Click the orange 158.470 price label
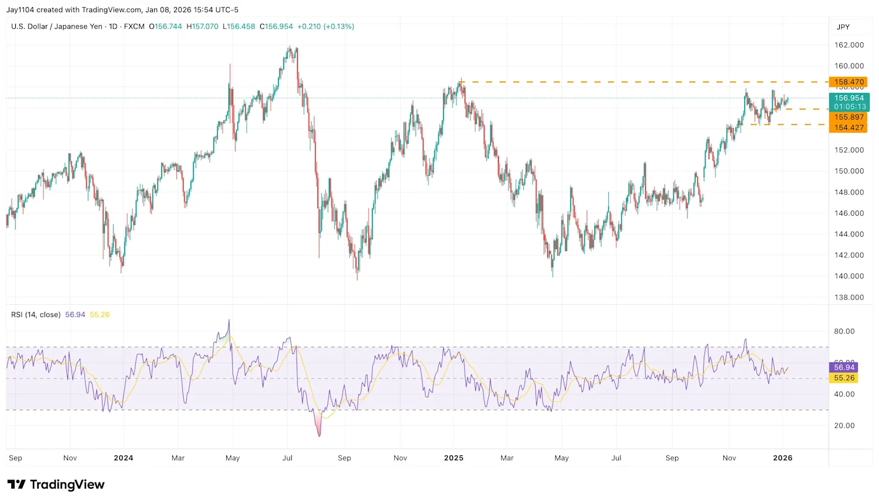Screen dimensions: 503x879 click(x=849, y=82)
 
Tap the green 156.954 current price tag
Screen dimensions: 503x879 click(x=849, y=98)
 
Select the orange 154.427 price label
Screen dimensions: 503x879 click(x=849, y=127)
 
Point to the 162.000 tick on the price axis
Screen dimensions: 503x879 click(x=849, y=45)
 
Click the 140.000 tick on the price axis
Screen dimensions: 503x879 click(x=849, y=276)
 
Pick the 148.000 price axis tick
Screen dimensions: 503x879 click(x=849, y=192)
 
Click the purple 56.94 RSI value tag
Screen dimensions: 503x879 click(x=844, y=368)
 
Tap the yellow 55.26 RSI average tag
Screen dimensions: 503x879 click(x=844, y=378)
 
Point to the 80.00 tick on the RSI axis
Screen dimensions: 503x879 click(x=844, y=331)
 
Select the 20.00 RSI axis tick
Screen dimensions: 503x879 click(x=844, y=426)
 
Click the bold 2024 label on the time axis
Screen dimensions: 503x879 click(x=123, y=458)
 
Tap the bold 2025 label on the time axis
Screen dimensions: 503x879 click(x=454, y=458)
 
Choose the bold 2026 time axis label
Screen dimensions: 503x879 click(x=782, y=458)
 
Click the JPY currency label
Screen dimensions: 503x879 click(x=843, y=27)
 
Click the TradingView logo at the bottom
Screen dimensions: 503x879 click(x=56, y=484)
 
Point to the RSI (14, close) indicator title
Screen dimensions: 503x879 click(x=36, y=315)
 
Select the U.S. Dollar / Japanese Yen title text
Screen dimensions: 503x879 click(x=57, y=26)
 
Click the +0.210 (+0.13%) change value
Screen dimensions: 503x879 click(x=325, y=26)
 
